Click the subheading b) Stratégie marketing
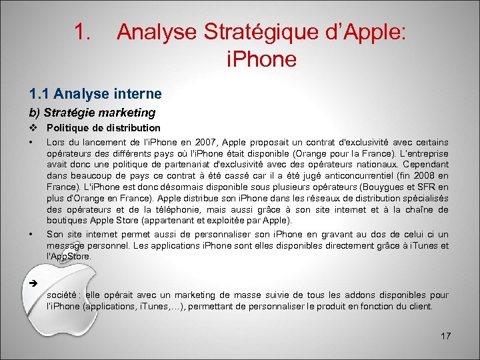91,113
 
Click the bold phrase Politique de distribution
103,127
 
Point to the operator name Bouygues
380,188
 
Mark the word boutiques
66,220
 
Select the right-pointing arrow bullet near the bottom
32,283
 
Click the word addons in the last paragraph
355,295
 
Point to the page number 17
445,335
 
